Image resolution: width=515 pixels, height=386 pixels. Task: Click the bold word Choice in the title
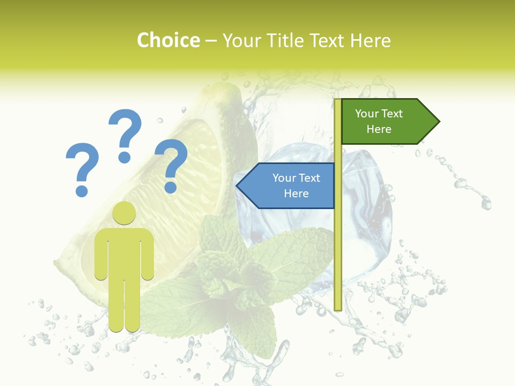168,40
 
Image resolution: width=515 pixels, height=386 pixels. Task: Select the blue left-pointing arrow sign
287,185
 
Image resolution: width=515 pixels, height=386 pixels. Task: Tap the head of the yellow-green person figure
124,213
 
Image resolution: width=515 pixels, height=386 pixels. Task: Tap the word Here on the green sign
379,129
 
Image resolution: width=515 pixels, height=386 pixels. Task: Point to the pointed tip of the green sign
438,122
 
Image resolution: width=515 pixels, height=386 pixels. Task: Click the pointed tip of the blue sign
238,186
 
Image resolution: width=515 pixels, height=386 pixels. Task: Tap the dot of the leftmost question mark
82,190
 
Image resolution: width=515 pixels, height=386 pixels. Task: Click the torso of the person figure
124,252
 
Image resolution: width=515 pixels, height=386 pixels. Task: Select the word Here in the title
370,40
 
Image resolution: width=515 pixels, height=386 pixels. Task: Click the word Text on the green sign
392,114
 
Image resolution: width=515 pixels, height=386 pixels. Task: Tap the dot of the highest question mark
124,157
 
